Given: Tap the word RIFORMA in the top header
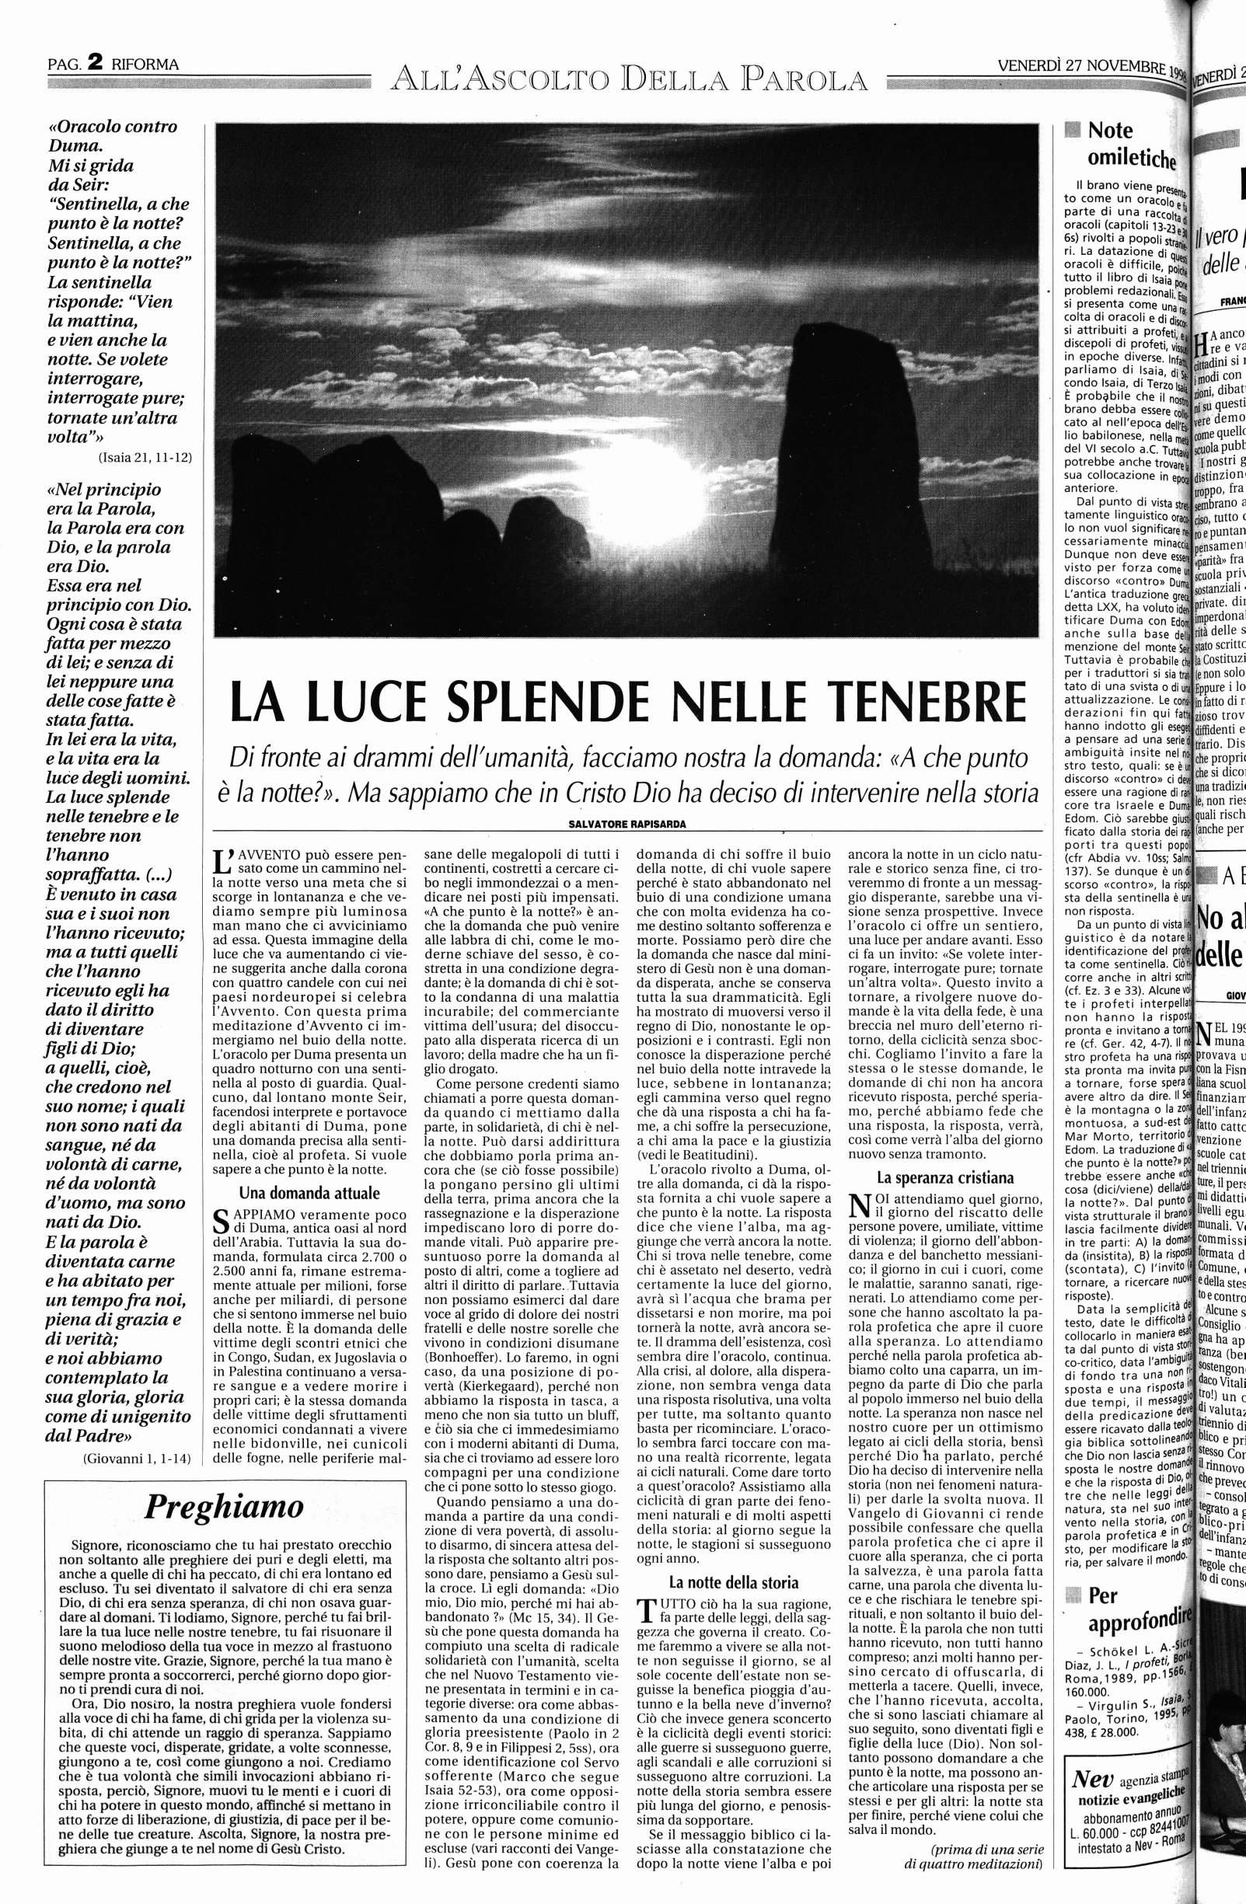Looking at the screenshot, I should pos(145,65).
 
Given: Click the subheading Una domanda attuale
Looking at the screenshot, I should pos(309,1193).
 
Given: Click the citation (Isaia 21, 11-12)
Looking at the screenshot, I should pos(145,458).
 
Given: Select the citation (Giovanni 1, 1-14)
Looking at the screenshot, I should pos(137,1458).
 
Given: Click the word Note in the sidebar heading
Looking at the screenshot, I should pos(1110,131).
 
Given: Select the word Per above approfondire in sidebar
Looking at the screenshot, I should pos(1102,1573).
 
